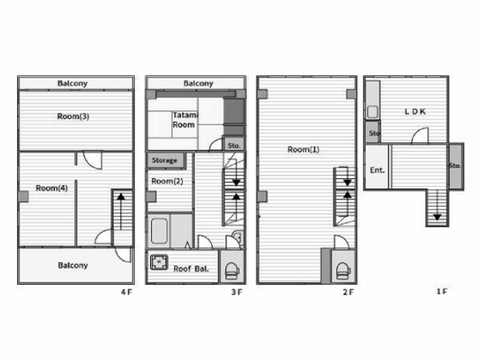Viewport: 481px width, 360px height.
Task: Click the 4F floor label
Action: (126, 292)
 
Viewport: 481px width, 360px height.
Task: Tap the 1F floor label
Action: (441, 292)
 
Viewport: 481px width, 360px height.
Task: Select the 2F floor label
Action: (348, 292)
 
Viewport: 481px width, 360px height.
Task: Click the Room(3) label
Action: (73, 116)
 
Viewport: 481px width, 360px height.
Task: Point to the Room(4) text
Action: (52, 188)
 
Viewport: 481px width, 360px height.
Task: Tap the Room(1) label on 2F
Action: (303, 150)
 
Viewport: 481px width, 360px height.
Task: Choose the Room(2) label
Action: (167, 181)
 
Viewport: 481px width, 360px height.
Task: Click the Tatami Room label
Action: (186, 120)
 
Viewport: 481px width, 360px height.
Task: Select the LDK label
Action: (415, 112)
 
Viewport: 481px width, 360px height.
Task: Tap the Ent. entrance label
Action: (377, 170)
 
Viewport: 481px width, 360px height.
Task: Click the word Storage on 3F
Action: (165, 160)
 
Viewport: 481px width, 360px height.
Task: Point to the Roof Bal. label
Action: (191, 269)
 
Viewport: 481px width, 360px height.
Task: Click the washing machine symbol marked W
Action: (159, 262)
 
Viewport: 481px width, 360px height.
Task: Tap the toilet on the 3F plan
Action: (232, 270)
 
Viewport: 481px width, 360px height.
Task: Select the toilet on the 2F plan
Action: (343, 270)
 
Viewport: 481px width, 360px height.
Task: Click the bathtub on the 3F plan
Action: (160, 231)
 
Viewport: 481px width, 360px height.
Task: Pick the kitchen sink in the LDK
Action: (373, 112)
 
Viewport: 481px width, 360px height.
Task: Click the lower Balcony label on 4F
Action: (73, 265)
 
